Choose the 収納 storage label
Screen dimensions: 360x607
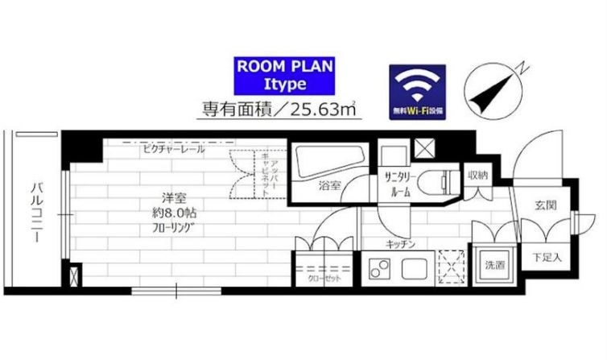477,175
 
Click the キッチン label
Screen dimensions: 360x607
399,244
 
